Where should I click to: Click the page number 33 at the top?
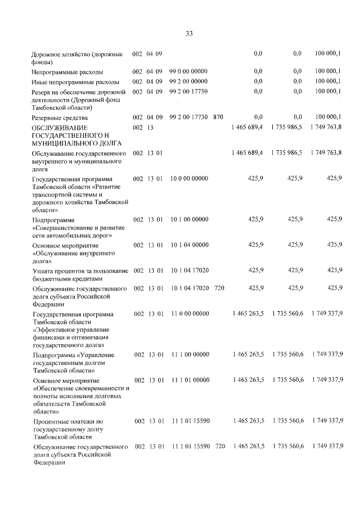[189, 33]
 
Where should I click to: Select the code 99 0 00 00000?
[188, 72]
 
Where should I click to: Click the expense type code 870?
[219, 117]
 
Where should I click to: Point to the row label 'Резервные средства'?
[58, 118]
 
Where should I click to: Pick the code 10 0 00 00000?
[188, 178]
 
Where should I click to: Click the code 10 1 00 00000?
[188, 219]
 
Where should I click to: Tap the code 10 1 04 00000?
[188, 245]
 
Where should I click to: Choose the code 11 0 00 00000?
[188, 313]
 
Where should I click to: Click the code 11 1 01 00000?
[188, 380]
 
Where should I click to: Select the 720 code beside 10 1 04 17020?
[219, 288]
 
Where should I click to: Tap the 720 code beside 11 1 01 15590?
[219, 446]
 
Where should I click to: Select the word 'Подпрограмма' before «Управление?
[53, 355]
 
